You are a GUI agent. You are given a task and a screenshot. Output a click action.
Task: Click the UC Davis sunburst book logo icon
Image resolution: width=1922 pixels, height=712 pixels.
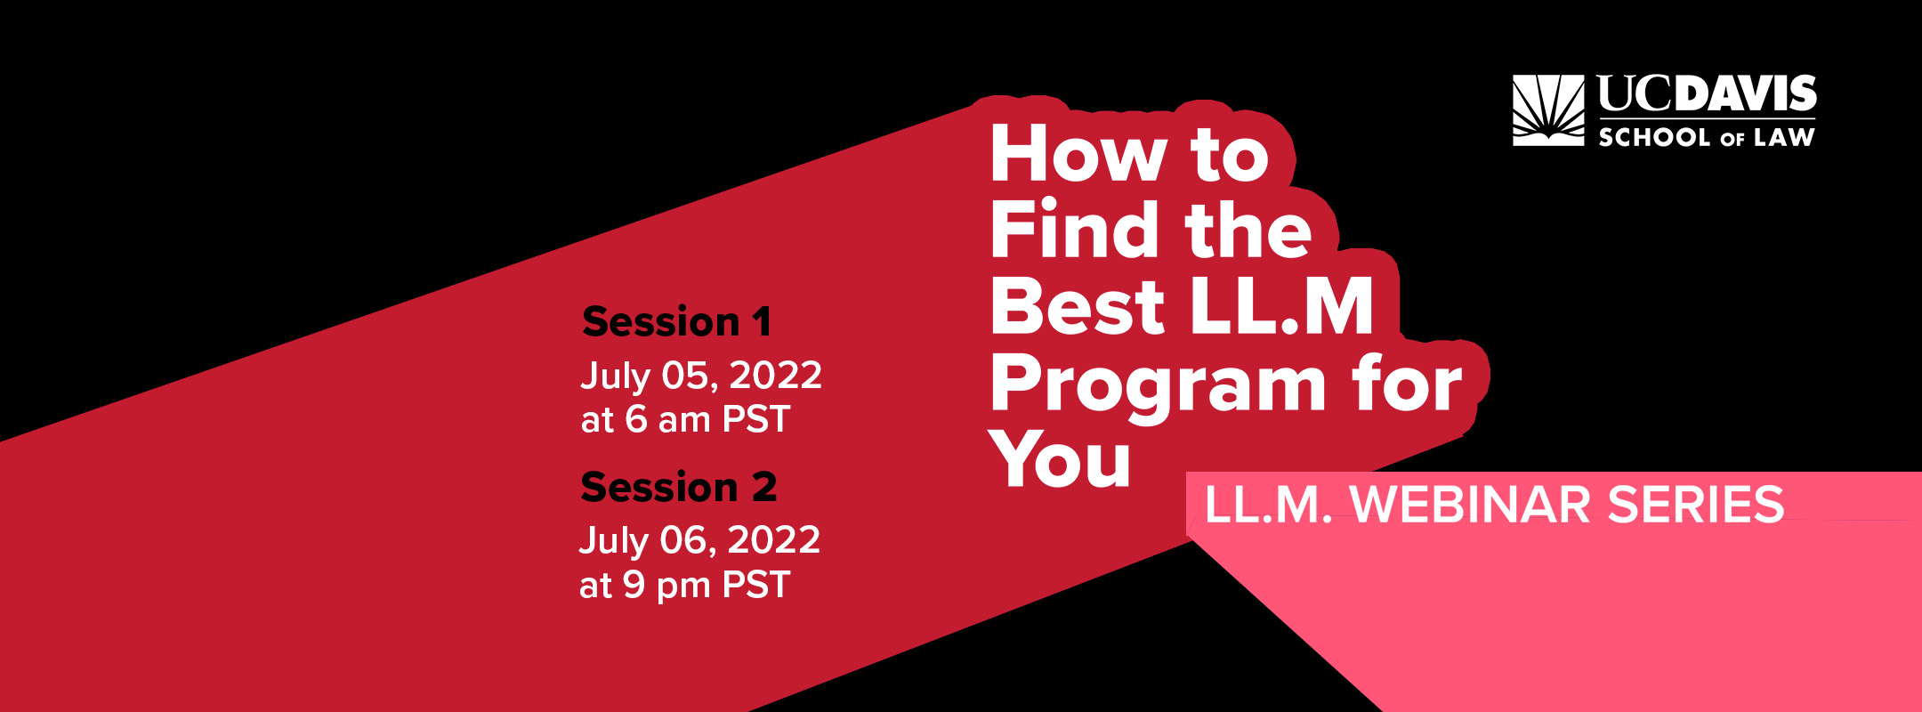coord(1548,110)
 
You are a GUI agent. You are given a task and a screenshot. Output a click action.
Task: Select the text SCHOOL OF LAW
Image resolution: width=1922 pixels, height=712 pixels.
coord(1707,137)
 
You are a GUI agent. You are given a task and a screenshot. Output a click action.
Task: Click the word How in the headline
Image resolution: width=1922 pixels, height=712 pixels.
coord(1078,154)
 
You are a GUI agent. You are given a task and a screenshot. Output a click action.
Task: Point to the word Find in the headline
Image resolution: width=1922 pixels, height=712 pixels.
coord(1077,229)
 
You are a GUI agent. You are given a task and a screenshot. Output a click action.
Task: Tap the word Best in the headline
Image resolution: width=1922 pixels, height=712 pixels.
coord(1078,305)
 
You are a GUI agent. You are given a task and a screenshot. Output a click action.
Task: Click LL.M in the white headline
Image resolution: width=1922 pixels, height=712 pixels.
coord(1281,305)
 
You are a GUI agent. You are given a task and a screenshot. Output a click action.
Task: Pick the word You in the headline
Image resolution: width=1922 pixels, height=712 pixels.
coord(1061,459)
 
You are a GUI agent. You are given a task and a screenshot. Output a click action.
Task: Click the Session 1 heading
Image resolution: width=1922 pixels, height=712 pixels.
coord(676,321)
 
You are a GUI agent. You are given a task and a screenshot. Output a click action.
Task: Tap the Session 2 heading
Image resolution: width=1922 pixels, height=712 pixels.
coord(679,487)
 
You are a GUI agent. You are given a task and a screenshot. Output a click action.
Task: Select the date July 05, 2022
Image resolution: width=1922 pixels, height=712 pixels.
coord(701,376)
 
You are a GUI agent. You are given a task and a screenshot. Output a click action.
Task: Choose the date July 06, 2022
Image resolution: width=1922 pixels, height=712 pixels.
coord(699,540)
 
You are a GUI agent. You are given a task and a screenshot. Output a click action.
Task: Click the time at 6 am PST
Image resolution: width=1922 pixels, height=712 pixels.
coord(685,419)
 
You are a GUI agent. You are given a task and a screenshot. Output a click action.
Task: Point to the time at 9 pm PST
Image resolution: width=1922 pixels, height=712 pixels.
coord(684,586)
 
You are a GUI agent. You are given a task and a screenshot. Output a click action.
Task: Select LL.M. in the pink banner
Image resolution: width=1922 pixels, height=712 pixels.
coord(1269,504)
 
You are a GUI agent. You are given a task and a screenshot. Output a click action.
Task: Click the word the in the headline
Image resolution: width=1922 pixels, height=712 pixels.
coord(1248,229)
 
